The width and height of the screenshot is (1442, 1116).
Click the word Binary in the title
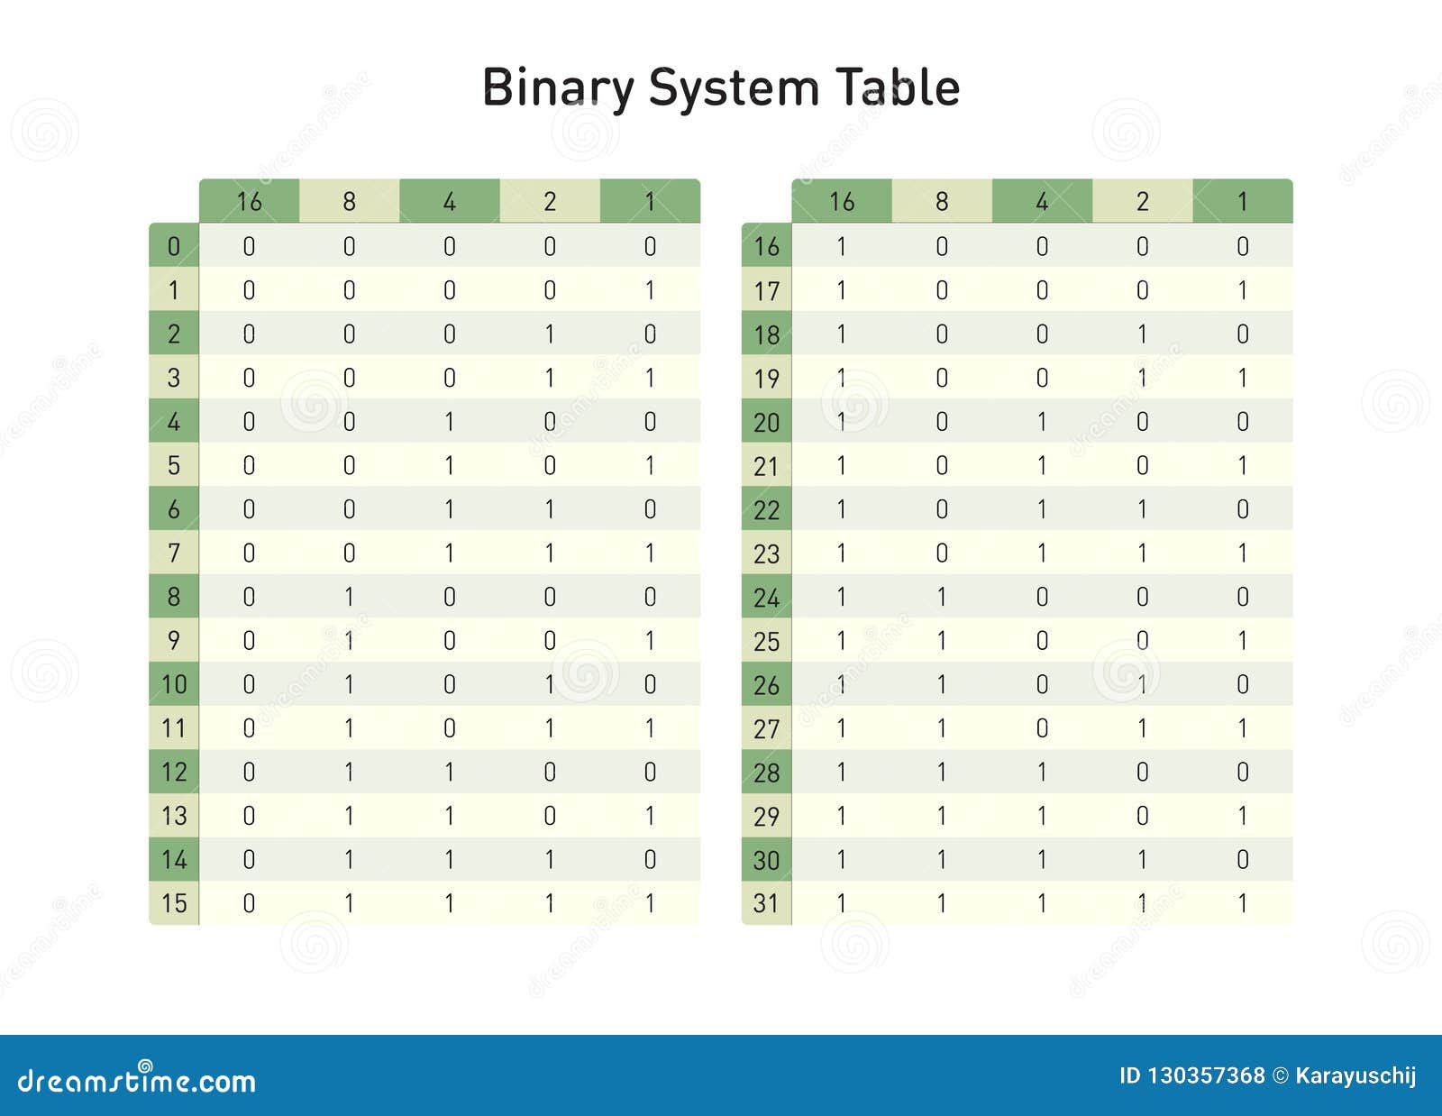558,88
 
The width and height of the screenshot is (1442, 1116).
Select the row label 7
174,553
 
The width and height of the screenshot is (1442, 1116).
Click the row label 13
174,816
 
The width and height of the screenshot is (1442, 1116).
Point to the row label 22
766,509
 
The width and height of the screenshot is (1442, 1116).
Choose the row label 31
766,903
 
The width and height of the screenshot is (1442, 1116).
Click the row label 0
174,246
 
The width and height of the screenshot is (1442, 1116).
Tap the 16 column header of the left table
249,201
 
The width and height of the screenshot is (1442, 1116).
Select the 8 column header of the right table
942,201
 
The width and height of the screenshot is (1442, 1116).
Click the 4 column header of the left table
450,201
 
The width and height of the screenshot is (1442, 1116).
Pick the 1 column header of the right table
1243,201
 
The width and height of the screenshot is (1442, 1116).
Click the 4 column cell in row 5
450,465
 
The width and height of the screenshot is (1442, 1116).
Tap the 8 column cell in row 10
350,684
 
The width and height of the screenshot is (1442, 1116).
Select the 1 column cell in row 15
650,903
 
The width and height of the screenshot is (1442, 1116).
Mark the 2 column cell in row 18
1143,334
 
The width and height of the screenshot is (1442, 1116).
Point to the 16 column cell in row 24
842,597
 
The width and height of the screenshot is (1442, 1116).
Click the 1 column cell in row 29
1243,816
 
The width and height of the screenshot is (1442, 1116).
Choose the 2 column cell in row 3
550,378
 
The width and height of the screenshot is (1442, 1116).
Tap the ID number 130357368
1205,1075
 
